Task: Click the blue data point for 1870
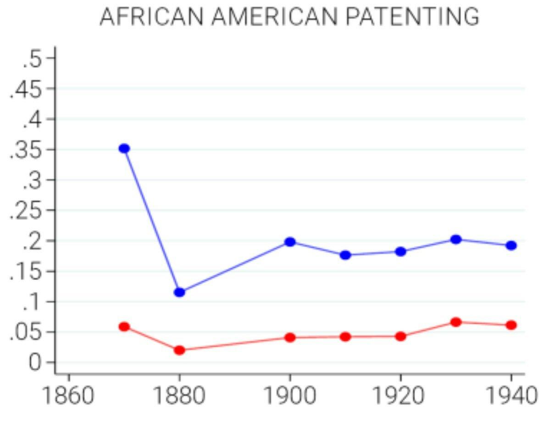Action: pos(124,149)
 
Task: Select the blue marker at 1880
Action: pos(179,292)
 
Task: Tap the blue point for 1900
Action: pos(290,242)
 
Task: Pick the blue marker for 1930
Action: pos(455,239)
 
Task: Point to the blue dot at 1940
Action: pos(511,245)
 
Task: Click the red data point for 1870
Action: pos(124,327)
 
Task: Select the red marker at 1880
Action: pos(179,350)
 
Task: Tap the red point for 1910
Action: pos(345,337)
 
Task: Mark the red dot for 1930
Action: pos(455,322)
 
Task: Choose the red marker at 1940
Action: pos(511,325)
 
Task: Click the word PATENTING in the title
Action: pos(412,17)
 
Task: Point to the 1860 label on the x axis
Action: pos(68,395)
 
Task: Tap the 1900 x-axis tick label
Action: pos(289,395)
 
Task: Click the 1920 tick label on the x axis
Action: pos(400,395)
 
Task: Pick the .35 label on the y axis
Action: pos(27,149)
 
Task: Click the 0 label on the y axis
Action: pos(35,363)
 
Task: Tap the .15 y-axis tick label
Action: pos(27,271)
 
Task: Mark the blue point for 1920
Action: pos(400,251)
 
